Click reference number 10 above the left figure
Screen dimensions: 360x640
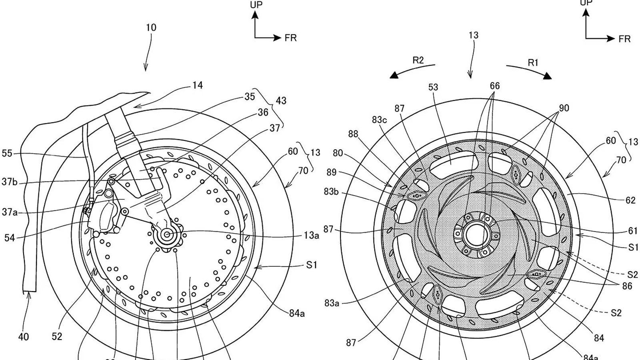pos(151,28)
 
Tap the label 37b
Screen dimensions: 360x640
pos(10,182)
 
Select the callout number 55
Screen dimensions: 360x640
pos(7,153)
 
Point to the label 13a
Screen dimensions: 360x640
pos(311,236)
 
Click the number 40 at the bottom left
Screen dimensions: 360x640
pos(24,337)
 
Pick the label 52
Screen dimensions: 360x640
pos(57,336)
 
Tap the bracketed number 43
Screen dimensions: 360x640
pos(281,100)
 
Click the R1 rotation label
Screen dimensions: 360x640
pos(533,62)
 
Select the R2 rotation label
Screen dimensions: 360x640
pos(418,60)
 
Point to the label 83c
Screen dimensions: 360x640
pos(379,120)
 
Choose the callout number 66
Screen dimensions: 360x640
pos(495,86)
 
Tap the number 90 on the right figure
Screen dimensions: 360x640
pos(564,108)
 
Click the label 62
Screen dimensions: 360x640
pos(630,200)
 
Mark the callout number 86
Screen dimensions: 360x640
pos(627,286)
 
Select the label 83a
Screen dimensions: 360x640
pos(332,303)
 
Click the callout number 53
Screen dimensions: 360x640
pos(433,87)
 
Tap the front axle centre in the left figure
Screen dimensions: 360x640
pos(167,234)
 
